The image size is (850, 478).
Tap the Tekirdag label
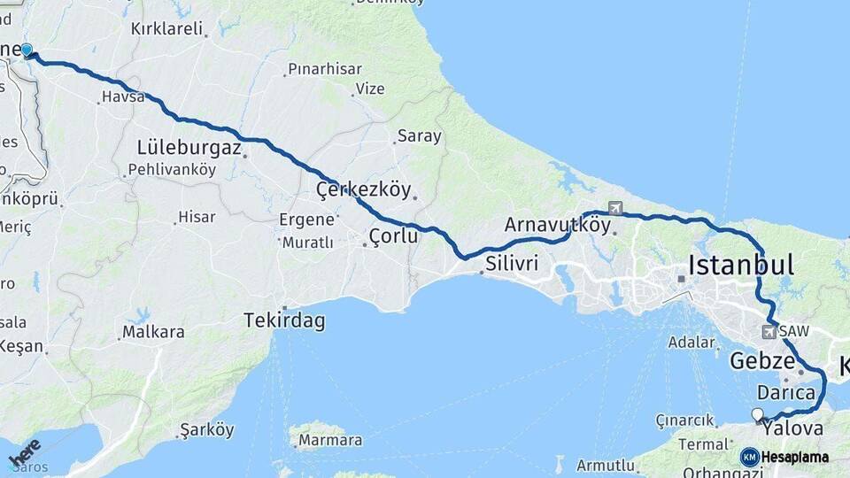(x=284, y=321)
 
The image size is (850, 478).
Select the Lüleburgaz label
(x=189, y=148)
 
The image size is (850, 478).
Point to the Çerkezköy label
(x=364, y=189)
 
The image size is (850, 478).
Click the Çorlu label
(x=393, y=235)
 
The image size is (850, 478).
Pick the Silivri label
(x=512, y=263)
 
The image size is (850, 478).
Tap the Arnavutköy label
(x=558, y=225)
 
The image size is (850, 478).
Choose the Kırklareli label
(x=167, y=27)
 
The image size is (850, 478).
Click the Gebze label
(x=761, y=360)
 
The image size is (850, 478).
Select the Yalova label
(x=793, y=428)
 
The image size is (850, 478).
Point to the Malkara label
(x=153, y=332)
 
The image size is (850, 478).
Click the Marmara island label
(x=330, y=440)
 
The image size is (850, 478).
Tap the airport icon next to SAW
(x=768, y=332)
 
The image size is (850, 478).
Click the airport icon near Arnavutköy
(x=615, y=209)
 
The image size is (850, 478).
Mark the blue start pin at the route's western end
(x=27, y=50)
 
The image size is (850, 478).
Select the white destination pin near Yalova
(x=757, y=414)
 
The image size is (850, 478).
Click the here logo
(x=25, y=451)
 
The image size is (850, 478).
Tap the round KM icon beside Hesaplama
(x=749, y=457)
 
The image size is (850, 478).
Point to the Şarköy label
(x=207, y=430)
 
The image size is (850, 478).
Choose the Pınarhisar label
(x=323, y=69)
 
